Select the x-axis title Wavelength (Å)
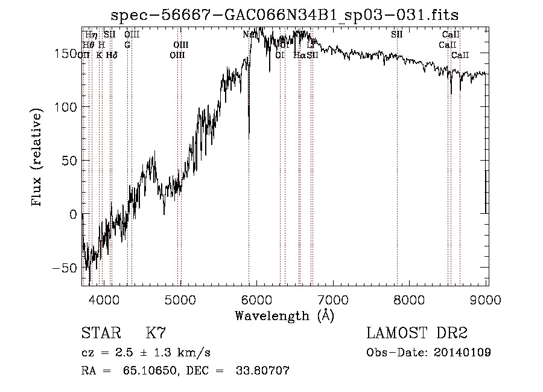point(284,315)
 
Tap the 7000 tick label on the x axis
point(334,300)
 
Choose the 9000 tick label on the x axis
point(486,300)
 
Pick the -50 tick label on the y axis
point(63,268)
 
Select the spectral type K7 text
point(156,333)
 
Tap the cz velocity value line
point(145,353)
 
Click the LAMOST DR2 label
point(417,333)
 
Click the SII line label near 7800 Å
point(396,34)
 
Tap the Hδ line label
point(112,55)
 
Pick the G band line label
point(127,45)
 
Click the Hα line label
point(299,55)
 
